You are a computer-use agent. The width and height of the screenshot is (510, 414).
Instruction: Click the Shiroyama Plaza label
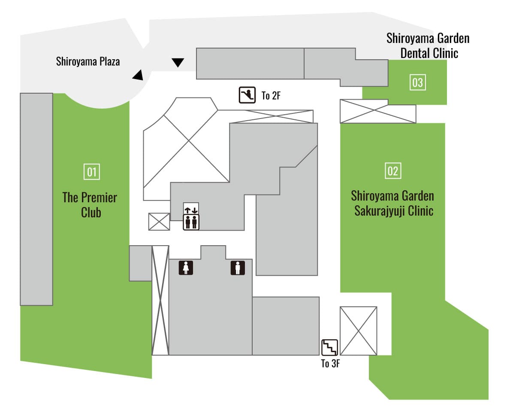point(88,61)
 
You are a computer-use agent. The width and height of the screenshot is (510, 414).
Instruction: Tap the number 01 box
point(92,172)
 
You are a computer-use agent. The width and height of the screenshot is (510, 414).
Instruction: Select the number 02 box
point(393,170)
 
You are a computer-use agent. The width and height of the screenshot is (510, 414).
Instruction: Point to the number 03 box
point(418,82)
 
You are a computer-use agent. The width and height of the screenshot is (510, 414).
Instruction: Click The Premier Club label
point(90,205)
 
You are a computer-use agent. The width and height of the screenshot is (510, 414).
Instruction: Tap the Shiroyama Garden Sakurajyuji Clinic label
point(392,203)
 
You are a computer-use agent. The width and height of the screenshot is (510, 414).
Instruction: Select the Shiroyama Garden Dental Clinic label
point(428,46)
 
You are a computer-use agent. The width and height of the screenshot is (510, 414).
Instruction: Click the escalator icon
point(247,95)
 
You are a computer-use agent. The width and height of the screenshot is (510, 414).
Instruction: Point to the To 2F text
point(271,96)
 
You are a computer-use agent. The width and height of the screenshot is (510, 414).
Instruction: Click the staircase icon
point(330,347)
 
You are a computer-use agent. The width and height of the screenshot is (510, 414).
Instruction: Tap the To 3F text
point(330,363)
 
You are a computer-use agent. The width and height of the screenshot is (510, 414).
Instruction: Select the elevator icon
point(191,216)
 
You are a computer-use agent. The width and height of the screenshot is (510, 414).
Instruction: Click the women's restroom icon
point(186,268)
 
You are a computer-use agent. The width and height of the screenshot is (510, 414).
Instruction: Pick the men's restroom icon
point(238,268)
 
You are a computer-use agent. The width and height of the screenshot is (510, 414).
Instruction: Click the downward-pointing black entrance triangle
point(178,62)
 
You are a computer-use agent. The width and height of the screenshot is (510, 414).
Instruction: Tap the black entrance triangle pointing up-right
point(139,75)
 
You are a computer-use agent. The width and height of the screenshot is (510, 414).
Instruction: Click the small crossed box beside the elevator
point(159,222)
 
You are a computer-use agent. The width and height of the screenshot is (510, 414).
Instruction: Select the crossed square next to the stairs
point(359,331)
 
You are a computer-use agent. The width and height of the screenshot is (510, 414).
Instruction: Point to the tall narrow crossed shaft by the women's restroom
point(160,300)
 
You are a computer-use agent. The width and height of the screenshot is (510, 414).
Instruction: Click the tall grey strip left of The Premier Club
point(36,199)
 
